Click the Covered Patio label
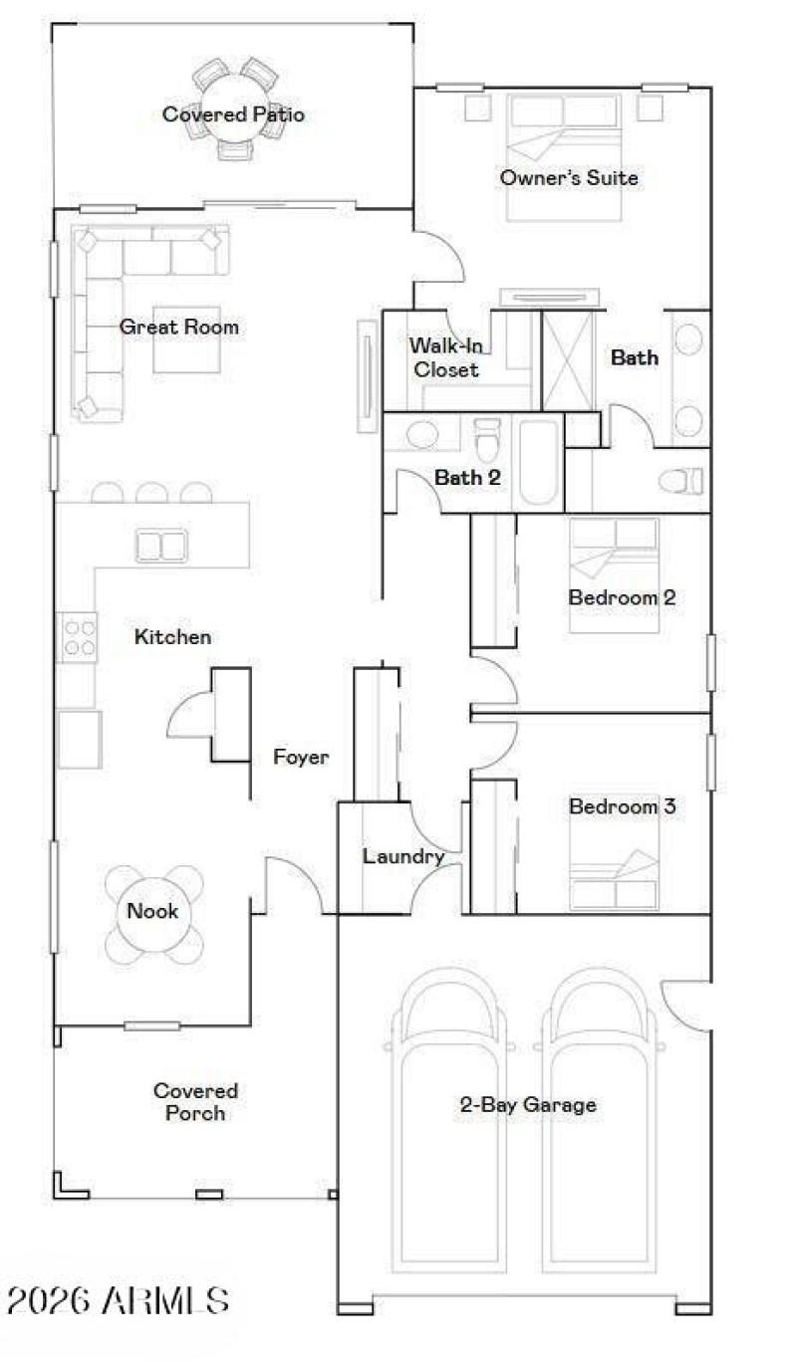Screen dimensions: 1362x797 [233, 114]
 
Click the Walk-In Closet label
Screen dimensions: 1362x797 [445, 357]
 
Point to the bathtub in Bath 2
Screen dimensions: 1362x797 [538, 462]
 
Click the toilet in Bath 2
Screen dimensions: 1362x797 [486, 439]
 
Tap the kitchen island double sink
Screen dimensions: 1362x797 [160, 546]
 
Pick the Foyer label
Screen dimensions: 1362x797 [301, 758]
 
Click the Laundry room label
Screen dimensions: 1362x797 [402, 856]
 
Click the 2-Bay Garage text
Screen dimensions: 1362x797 [528, 1104]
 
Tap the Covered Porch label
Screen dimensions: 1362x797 [195, 1102]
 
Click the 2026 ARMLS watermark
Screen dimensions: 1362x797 [118, 1300]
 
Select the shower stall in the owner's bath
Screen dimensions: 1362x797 [567, 360]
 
